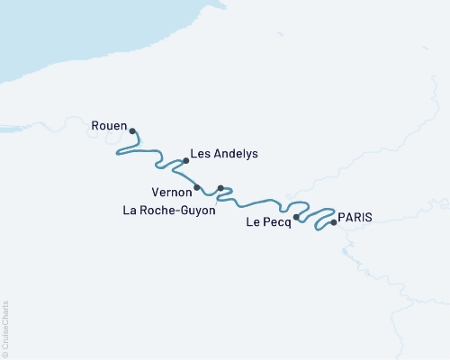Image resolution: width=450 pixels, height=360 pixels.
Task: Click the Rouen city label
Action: [x=109, y=125]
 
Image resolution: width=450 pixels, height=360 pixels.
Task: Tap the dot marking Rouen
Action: [x=132, y=131]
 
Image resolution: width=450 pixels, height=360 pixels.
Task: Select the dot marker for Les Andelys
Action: [x=185, y=161]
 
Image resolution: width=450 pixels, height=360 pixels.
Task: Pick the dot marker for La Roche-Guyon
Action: [x=220, y=188]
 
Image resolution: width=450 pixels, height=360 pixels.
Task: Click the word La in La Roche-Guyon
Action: [x=129, y=212]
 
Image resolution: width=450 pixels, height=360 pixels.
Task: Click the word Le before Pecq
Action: [x=253, y=223]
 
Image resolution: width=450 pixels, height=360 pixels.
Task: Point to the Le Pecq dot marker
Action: [x=297, y=217]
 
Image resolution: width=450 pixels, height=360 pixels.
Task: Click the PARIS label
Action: [x=355, y=217]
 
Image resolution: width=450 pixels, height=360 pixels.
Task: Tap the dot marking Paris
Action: [x=334, y=222]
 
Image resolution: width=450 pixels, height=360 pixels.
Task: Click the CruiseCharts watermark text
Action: [x=6, y=324]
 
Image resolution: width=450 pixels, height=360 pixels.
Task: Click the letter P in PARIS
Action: [x=342, y=217]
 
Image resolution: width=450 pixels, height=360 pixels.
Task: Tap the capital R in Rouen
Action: [x=95, y=125]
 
